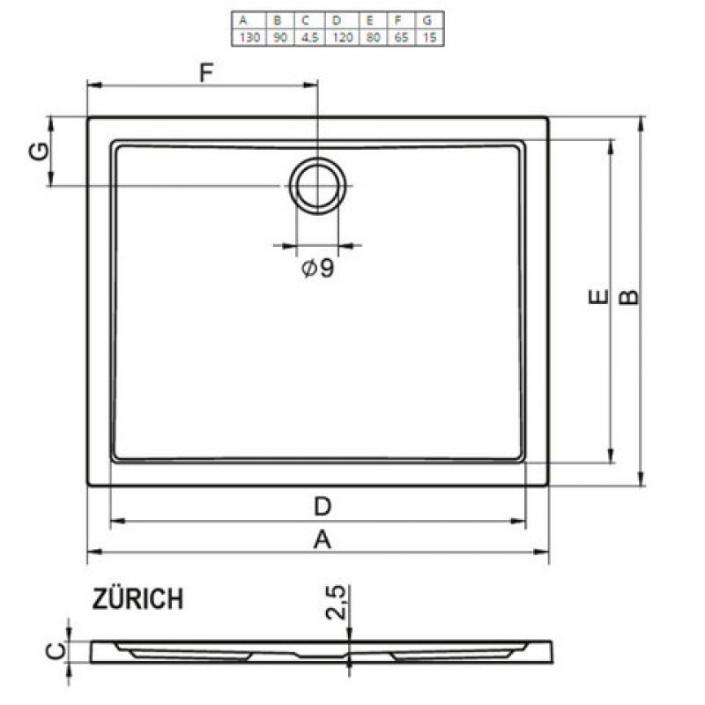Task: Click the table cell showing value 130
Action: (249, 37)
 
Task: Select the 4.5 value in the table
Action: (310, 37)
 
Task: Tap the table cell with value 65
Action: (401, 37)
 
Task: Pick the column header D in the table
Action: (337, 20)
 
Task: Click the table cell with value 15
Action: (429, 37)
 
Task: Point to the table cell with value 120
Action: (342, 37)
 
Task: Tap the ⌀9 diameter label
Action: (318, 269)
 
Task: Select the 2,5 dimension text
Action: (337, 603)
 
